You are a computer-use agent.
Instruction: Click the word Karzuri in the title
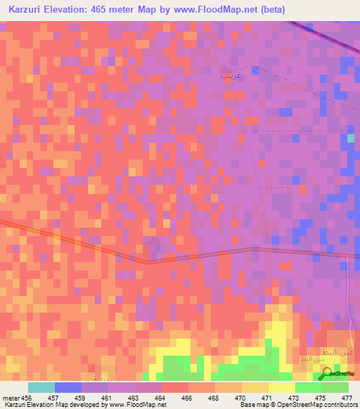point(27,9)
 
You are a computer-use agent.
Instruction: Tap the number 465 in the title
point(110,9)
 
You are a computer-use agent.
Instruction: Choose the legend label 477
point(347,398)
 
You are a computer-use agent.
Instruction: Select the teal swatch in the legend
point(41,387)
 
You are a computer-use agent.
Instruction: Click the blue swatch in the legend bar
point(68,387)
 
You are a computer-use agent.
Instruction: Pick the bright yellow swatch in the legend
point(281,387)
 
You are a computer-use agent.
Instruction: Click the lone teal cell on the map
point(351,138)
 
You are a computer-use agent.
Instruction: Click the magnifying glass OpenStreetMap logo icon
point(328,375)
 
